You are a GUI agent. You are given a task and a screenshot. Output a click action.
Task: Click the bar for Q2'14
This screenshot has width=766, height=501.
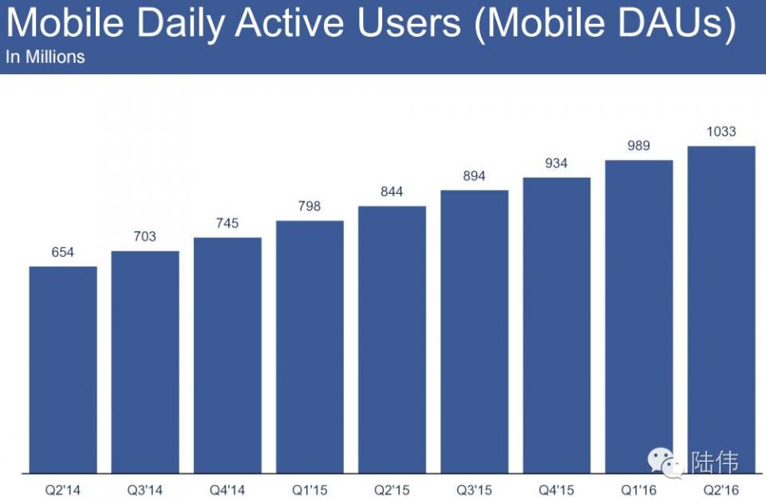[63, 369]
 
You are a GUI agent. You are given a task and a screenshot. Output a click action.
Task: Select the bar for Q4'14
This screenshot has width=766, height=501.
[227, 355]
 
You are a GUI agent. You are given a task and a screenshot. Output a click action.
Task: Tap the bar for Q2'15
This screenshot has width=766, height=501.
[392, 339]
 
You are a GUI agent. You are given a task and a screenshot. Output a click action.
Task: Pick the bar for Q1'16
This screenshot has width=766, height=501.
[638, 316]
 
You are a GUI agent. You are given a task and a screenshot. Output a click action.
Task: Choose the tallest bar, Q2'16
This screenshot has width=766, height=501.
[721, 310]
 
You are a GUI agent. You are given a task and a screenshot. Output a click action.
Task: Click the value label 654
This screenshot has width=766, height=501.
[63, 252]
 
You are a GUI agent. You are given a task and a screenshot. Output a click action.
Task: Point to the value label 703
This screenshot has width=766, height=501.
[145, 237]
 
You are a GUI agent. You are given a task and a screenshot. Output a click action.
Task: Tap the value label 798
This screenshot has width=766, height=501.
[310, 207]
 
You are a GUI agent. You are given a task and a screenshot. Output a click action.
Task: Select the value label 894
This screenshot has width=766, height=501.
[474, 176]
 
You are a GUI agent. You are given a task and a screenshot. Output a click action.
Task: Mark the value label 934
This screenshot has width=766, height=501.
[556, 164]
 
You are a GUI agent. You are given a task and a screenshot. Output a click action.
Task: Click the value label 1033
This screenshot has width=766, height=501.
[721, 132]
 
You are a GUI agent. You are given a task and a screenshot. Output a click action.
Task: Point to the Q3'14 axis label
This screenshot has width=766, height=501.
[145, 488]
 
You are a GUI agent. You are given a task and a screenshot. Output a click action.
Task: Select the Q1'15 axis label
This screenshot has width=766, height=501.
[310, 488]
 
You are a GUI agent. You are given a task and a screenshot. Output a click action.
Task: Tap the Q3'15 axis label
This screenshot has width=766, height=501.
[474, 488]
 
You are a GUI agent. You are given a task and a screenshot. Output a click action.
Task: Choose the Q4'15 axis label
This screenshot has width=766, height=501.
[556, 488]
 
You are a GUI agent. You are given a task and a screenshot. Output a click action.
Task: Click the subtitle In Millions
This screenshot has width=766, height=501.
[45, 57]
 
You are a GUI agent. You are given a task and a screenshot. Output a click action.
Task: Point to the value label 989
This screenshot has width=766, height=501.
[638, 146]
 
